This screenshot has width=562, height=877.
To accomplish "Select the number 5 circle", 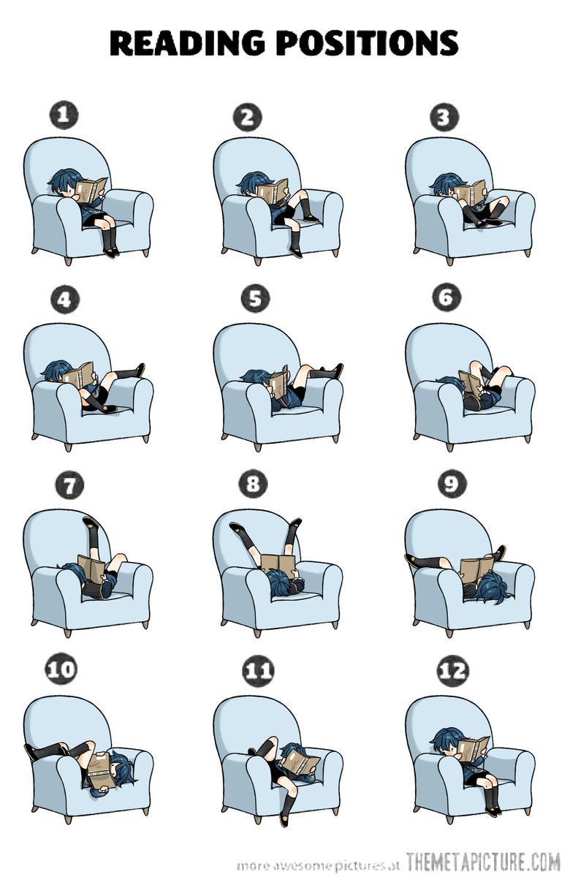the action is tap(255, 299).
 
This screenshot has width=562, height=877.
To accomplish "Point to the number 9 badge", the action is tap(452, 484).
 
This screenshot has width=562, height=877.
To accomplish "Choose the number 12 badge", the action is tap(452, 671).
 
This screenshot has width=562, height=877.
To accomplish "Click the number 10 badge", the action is tap(61, 669).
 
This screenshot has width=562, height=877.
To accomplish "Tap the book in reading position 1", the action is tap(91, 189).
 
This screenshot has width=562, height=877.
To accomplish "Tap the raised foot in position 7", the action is tap(91, 523).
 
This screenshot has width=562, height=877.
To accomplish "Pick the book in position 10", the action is tap(100, 765).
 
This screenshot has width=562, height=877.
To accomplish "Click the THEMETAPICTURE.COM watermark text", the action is tap(482, 861).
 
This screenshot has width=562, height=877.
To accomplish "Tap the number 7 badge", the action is tap(69, 485).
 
